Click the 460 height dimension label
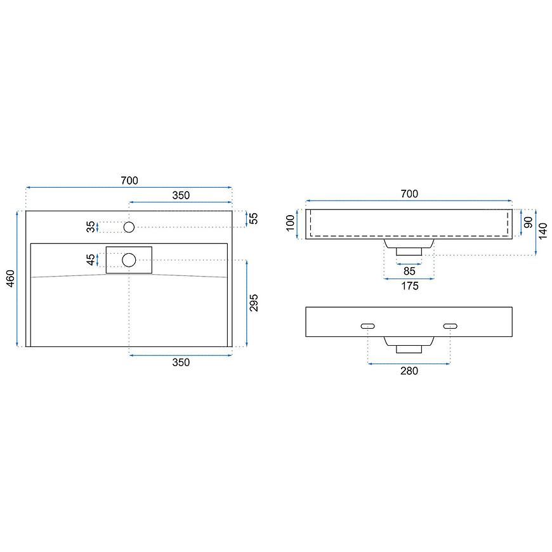point(11,279)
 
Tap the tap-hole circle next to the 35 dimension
point(129,227)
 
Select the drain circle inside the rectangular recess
point(129,260)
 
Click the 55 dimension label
point(253,218)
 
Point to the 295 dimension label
point(253,303)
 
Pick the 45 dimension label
point(91,260)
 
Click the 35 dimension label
point(91,227)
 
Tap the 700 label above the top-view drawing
point(129,181)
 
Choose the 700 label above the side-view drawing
point(409,194)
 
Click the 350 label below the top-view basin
point(181,362)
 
